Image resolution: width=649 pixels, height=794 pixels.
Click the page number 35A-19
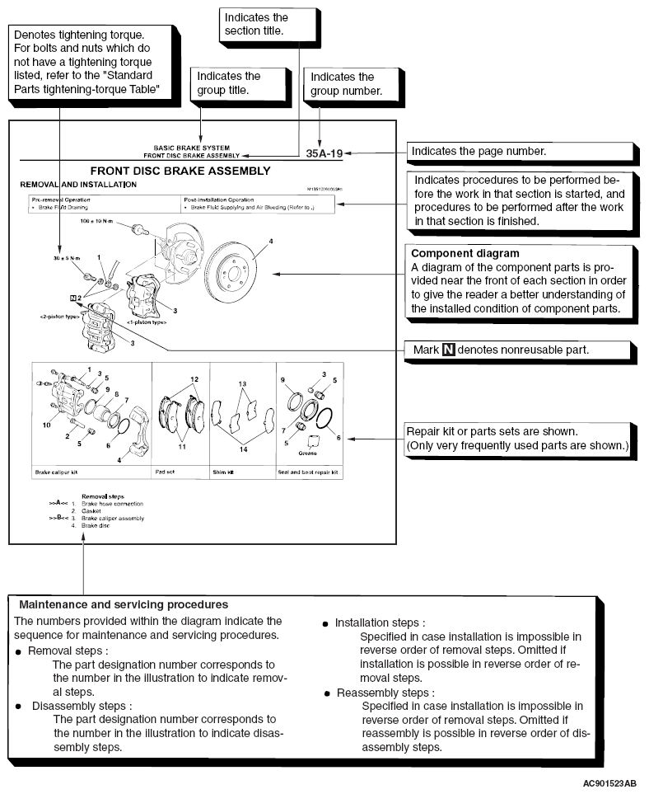tap(324, 153)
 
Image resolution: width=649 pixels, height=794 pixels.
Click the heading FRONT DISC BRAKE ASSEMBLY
tap(191, 171)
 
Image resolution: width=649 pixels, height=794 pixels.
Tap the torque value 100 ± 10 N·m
tap(98, 223)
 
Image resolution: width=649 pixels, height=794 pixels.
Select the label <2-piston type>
tap(58, 315)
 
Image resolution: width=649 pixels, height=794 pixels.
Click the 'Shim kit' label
tap(225, 473)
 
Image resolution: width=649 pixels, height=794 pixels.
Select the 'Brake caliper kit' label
tap(57, 473)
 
